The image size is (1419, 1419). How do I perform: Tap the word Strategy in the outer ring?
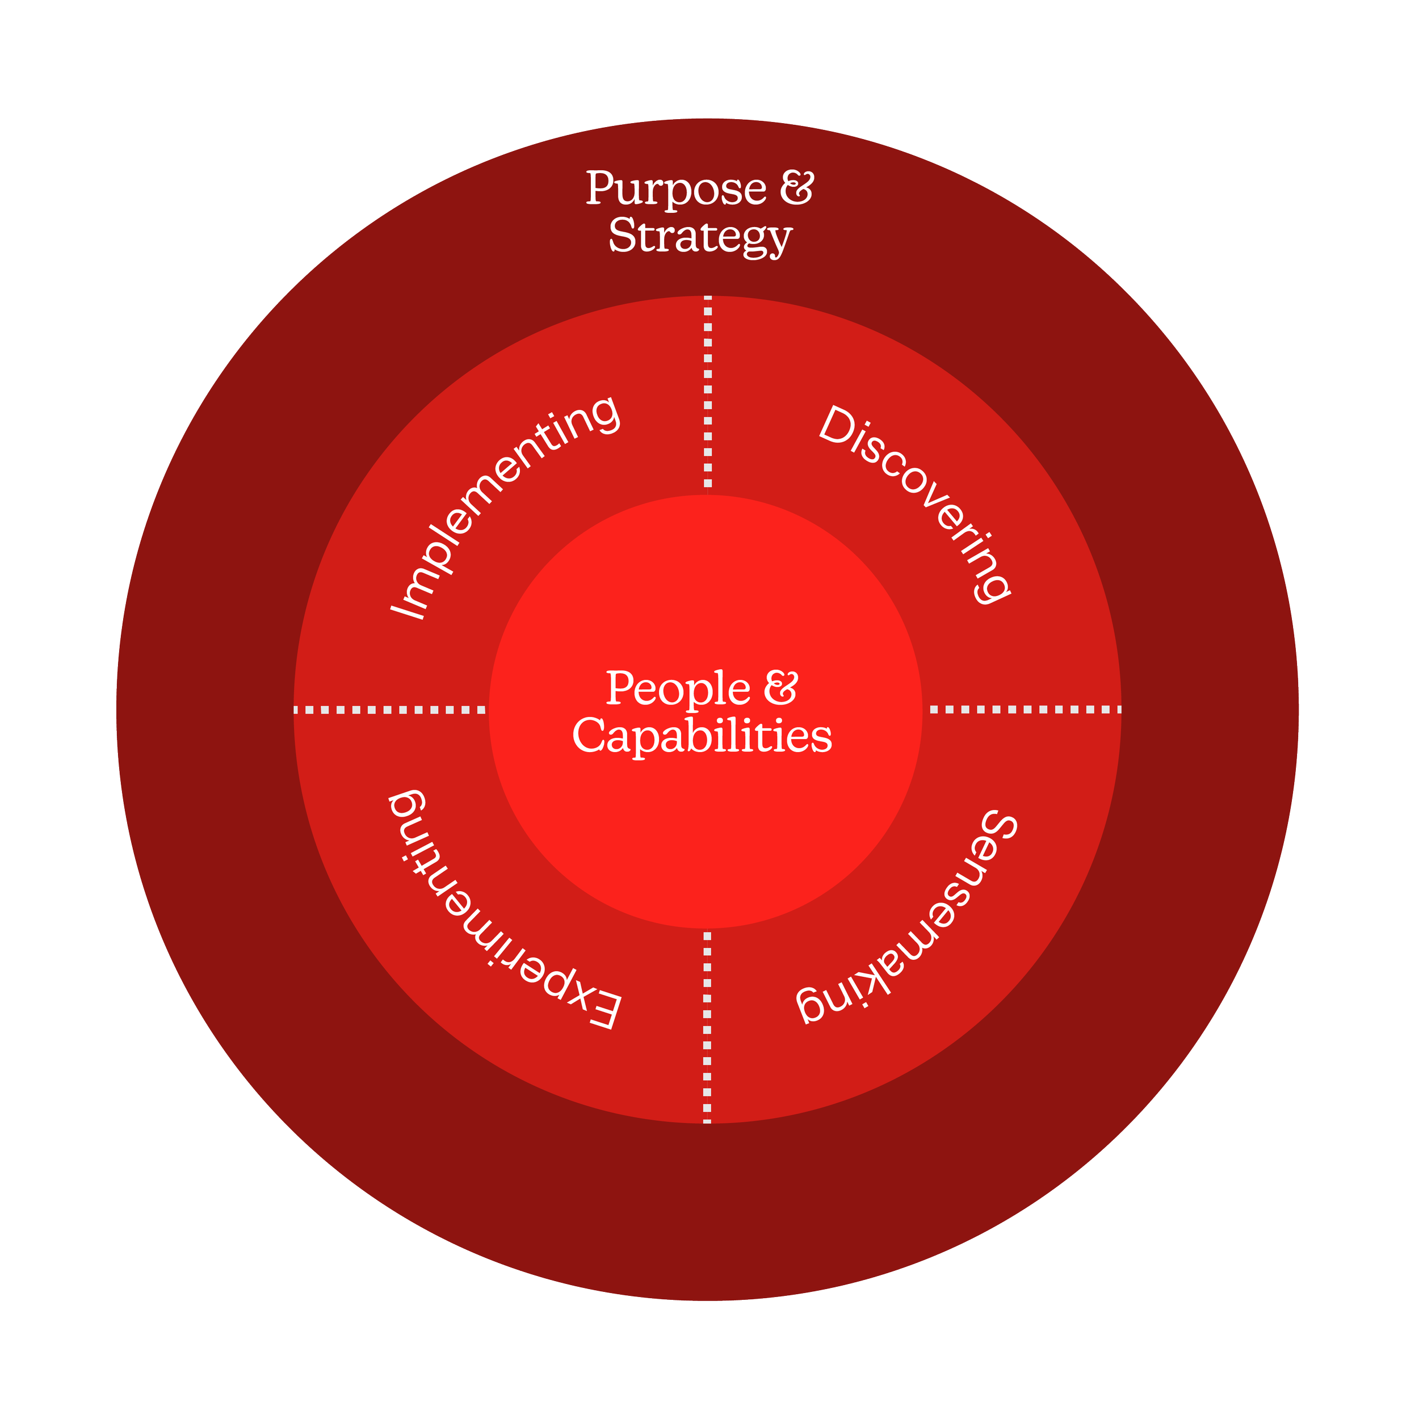pos(700,237)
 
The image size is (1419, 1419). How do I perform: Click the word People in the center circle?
pos(678,689)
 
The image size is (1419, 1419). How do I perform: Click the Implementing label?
pos(505,507)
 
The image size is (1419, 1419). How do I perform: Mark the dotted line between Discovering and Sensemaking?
pos(1025,709)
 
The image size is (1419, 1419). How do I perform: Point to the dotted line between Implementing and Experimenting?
pos(390,710)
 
